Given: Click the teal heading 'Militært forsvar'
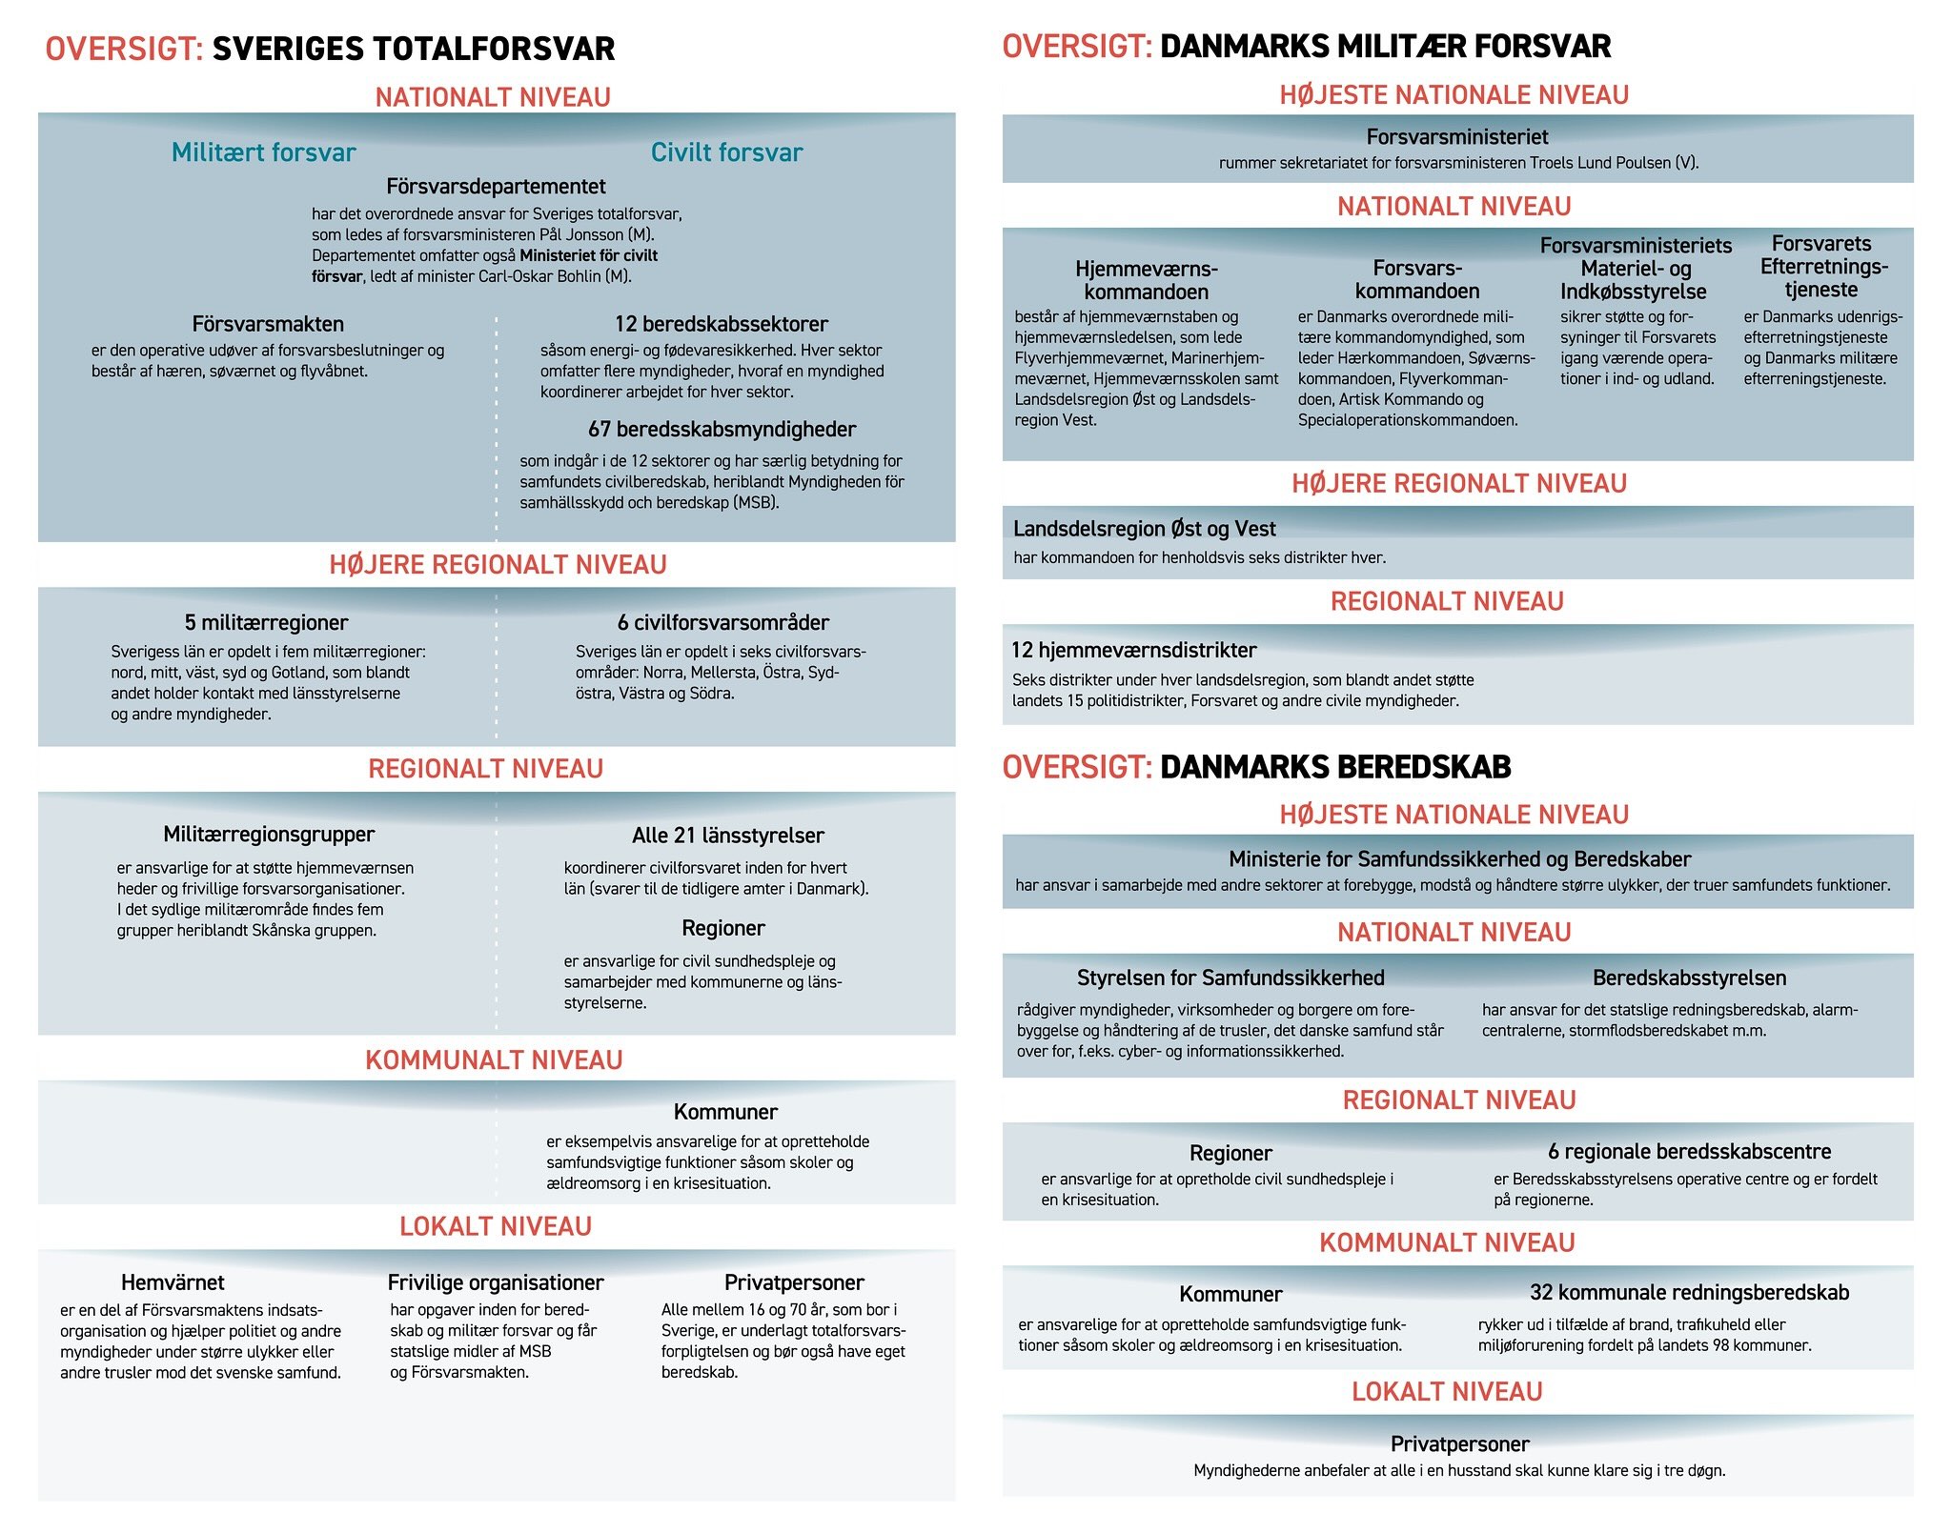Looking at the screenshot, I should (x=263, y=152).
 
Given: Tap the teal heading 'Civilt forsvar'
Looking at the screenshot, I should (x=726, y=152).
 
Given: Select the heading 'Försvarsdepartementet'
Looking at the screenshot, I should (x=496, y=187).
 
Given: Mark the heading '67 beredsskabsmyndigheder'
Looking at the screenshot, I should (x=722, y=430).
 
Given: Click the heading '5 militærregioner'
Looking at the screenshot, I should (x=266, y=623).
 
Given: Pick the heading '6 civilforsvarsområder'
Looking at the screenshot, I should (x=722, y=623).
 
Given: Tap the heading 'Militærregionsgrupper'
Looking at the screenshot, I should (x=269, y=835).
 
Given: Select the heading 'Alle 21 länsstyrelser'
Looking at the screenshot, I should (x=727, y=836).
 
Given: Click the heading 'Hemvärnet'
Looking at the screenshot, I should (x=173, y=1282).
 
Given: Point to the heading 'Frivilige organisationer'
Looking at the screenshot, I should (x=496, y=1282).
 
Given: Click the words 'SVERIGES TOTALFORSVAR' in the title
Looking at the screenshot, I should (x=414, y=49).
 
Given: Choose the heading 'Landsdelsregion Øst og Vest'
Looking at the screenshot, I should (x=1144, y=529).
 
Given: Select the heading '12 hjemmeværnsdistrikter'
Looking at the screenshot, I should (x=1133, y=651).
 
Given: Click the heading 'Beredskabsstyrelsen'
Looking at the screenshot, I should (x=1689, y=978).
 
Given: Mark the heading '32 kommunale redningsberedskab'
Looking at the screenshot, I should (x=1689, y=1293).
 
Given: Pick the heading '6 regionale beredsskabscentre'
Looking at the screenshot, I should (x=1689, y=1152).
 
